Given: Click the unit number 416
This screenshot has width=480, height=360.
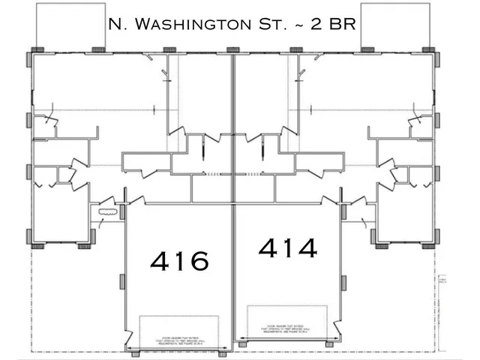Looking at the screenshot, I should pos(179,260).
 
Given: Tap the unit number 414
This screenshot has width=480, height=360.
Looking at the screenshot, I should pos(287,247).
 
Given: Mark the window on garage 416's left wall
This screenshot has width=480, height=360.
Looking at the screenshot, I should pos(123,281).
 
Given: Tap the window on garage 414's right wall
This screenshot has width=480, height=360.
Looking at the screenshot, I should pos(343,283).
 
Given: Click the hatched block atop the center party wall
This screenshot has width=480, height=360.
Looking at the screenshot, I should pos(233,50).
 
